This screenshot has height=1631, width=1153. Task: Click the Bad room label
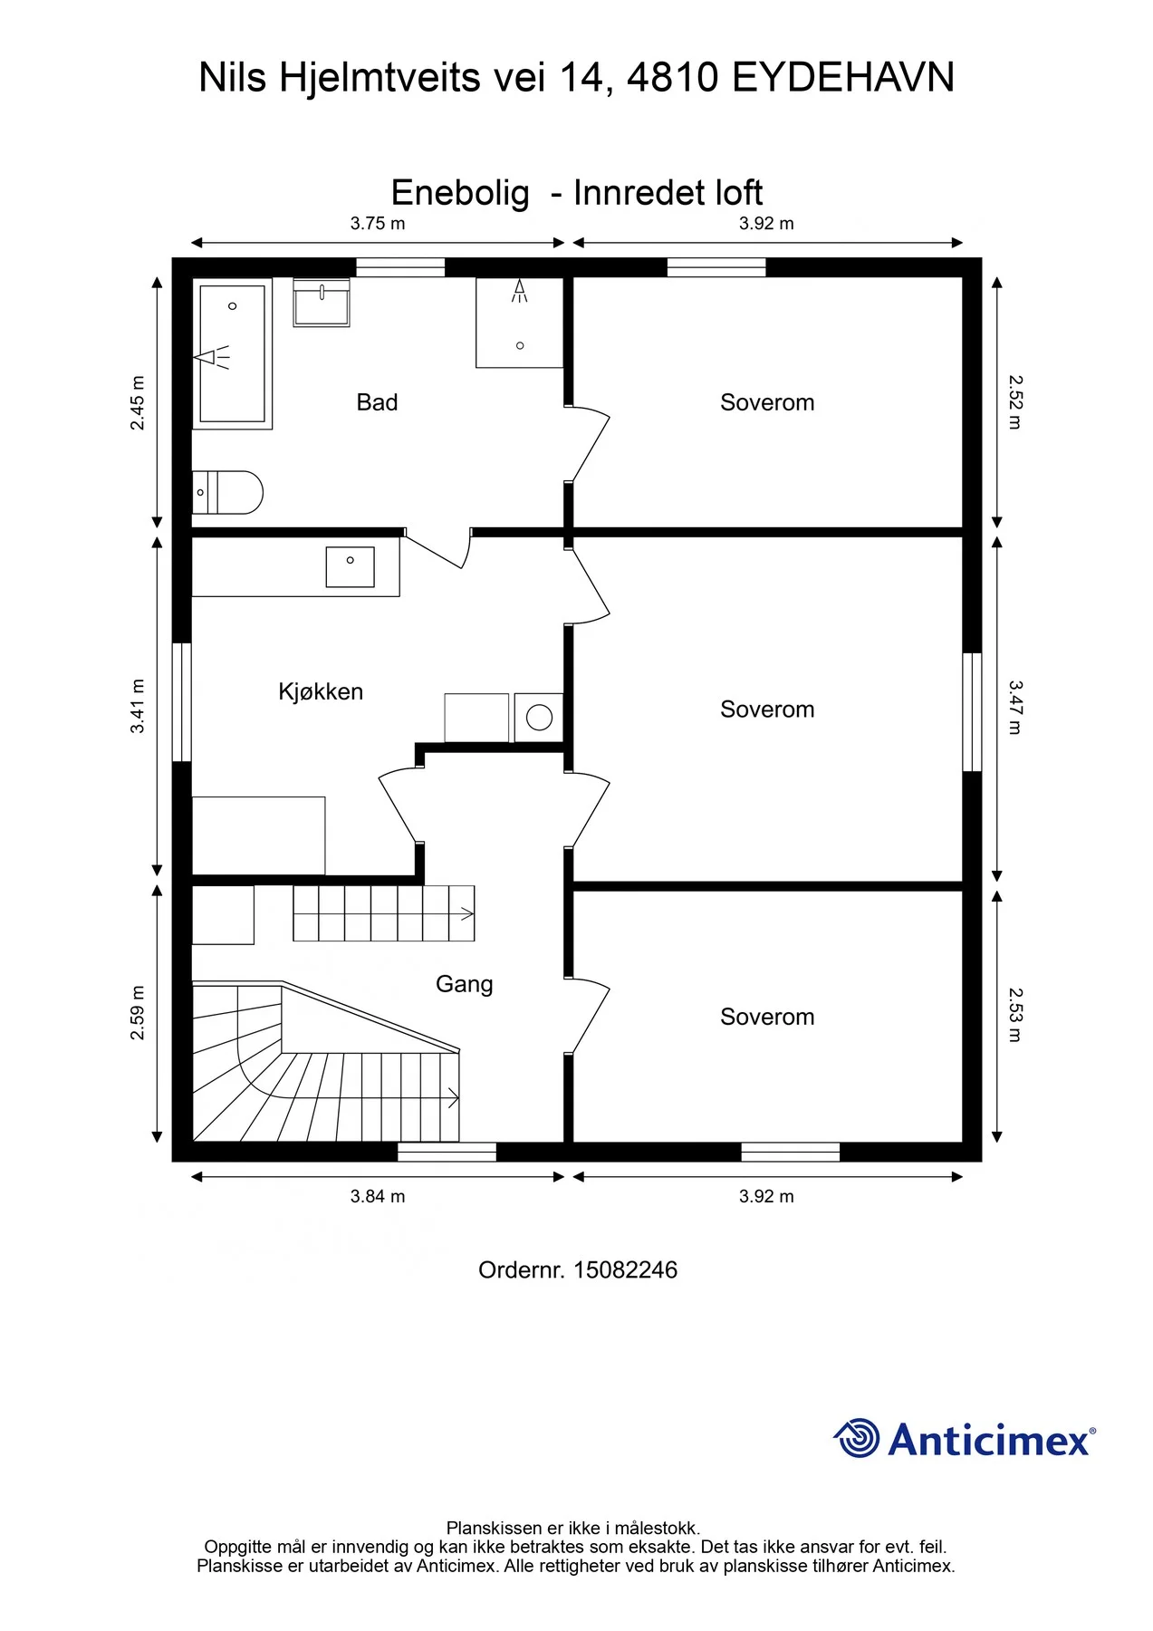[x=377, y=402]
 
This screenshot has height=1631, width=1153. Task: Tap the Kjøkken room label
[x=321, y=692]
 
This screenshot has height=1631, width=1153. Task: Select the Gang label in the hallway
[x=464, y=984]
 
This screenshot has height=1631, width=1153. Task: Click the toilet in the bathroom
[x=227, y=492]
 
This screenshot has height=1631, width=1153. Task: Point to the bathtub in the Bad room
[x=232, y=353]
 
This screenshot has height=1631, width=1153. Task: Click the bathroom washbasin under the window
[x=322, y=303]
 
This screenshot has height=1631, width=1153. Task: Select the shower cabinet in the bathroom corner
[x=520, y=323]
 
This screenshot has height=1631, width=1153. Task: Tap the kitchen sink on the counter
[x=351, y=566]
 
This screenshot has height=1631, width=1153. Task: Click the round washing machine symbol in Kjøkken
[x=539, y=718]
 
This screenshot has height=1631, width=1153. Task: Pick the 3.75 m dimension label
[x=378, y=224]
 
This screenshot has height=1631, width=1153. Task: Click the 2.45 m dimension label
[x=138, y=403]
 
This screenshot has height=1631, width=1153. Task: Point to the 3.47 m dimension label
[x=1014, y=708]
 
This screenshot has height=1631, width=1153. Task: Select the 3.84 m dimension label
[x=378, y=1196]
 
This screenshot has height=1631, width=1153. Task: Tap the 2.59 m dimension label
[x=138, y=1013]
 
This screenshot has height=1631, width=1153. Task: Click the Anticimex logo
[x=965, y=1439]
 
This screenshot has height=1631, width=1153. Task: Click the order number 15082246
[x=625, y=1270]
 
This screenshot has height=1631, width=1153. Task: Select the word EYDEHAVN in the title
[x=842, y=78]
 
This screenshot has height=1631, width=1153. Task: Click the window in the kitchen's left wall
[x=182, y=702]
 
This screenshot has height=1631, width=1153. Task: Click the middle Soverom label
[x=767, y=709]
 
